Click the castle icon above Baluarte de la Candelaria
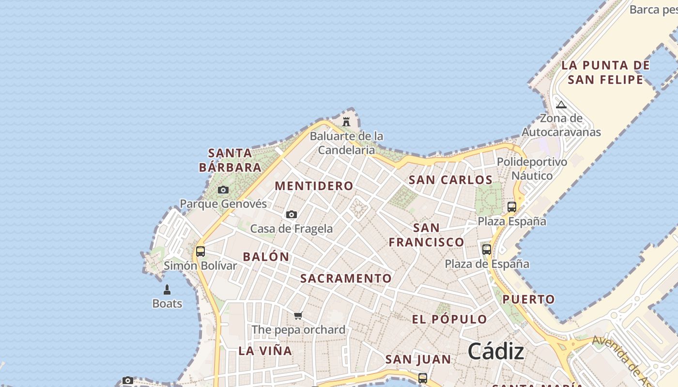[x=346, y=121]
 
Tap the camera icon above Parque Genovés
[x=223, y=190]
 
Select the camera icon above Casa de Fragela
[x=291, y=214]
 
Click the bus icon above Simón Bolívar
[x=200, y=252]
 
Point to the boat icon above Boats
[x=167, y=290]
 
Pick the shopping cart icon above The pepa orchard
[x=298, y=316]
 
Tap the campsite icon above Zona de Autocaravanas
[x=561, y=104]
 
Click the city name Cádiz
[x=496, y=351]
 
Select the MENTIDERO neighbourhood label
[x=314, y=186]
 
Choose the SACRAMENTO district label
[x=346, y=278]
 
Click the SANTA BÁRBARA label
[x=230, y=161]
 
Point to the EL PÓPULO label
[x=449, y=319]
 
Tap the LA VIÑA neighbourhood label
[x=265, y=351]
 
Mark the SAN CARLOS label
[x=451, y=179]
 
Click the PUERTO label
[x=529, y=299]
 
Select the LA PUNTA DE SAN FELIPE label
[x=605, y=72]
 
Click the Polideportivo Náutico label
[x=532, y=168]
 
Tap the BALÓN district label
[x=266, y=256]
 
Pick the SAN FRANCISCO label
[x=427, y=235]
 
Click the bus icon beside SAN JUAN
[x=423, y=378]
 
